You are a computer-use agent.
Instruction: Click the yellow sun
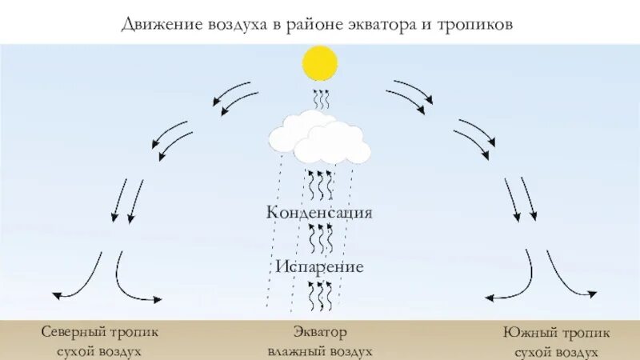click(x=320, y=63)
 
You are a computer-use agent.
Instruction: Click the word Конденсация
click(x=320, y=213)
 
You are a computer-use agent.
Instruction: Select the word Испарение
click(x=320, y=266)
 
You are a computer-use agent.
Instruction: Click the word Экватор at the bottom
click(x=320, y=331)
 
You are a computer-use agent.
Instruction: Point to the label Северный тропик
click(x=101, y=331)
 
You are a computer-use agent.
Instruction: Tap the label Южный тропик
click(x=546, y=331)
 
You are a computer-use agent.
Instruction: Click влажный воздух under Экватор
click(x=320, y=351)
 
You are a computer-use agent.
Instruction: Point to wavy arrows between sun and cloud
click(x=320, y=102)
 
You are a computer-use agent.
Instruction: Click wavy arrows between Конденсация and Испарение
click(x=320, y=238)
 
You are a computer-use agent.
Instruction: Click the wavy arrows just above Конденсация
click(x=320, y=185)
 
